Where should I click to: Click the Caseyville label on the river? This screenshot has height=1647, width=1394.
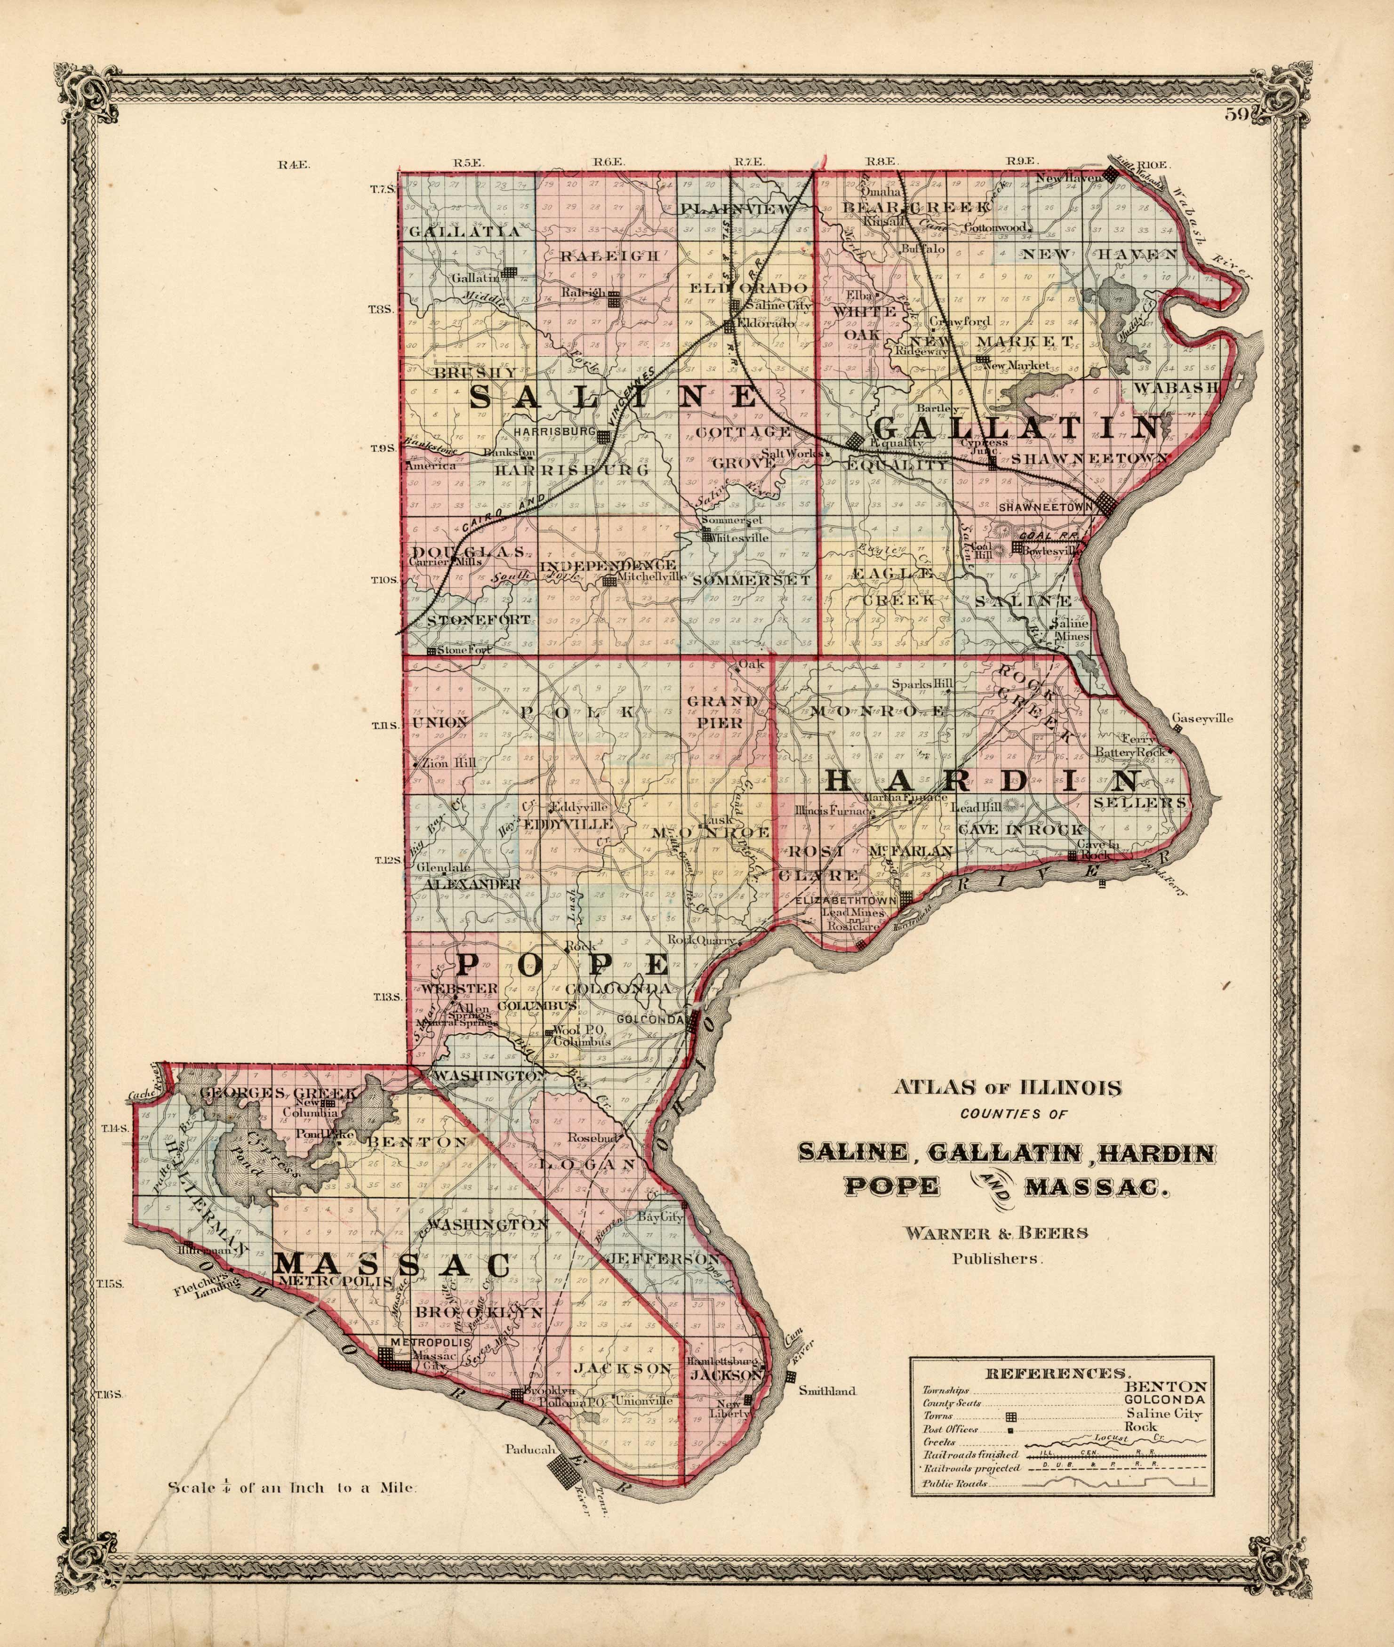[x=1202, y=719]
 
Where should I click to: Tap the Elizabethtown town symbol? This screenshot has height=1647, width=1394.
[x=907, y=898]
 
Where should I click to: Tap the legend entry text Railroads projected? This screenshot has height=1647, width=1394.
[x=970, y=1468]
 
